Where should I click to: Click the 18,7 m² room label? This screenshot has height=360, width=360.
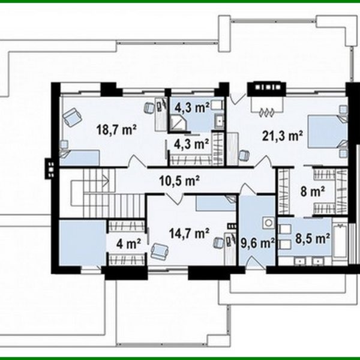tap(116, 130)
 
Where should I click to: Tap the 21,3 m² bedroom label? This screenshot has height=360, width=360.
tap(283, 136)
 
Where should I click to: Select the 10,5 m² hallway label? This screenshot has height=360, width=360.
tap(179, 181)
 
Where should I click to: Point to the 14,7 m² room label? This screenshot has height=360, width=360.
tap(189, 233)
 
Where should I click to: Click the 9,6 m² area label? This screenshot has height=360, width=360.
tap(257, 243)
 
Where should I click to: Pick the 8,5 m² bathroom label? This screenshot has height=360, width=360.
tap(313, 238)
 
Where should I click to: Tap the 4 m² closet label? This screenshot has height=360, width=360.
tap(128, 244)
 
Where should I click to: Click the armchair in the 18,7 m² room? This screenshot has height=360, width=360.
tap(73, 116)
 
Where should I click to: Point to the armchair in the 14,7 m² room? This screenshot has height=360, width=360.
tap(160, 251)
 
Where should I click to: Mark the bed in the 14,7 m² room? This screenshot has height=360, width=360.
tap(216, 203)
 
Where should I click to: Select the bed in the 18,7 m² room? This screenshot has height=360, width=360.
tap(80, 157)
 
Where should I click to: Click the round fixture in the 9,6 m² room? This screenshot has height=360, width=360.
tap(269, 223)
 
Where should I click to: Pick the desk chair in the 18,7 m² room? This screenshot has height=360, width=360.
tap(149, 107)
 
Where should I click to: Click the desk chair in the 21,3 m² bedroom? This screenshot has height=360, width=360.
tap(244, 155)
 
